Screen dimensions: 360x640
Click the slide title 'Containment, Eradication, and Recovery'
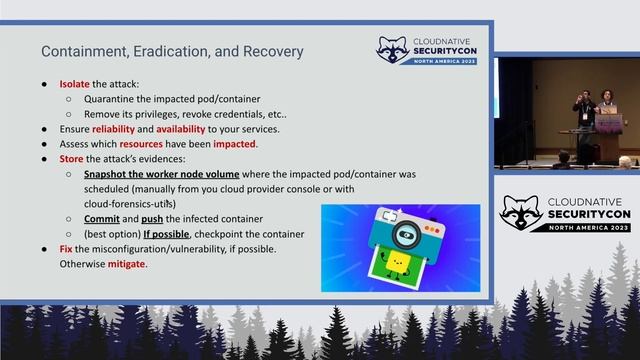pos(172,51)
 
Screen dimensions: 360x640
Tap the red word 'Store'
pos(72,159)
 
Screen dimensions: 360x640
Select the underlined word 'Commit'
pos(102,218)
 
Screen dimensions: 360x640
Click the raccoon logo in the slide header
pos(392,51)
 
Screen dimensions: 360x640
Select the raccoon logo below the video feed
pos(521,214)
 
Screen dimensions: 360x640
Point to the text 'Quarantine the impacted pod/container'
pos(172,99)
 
